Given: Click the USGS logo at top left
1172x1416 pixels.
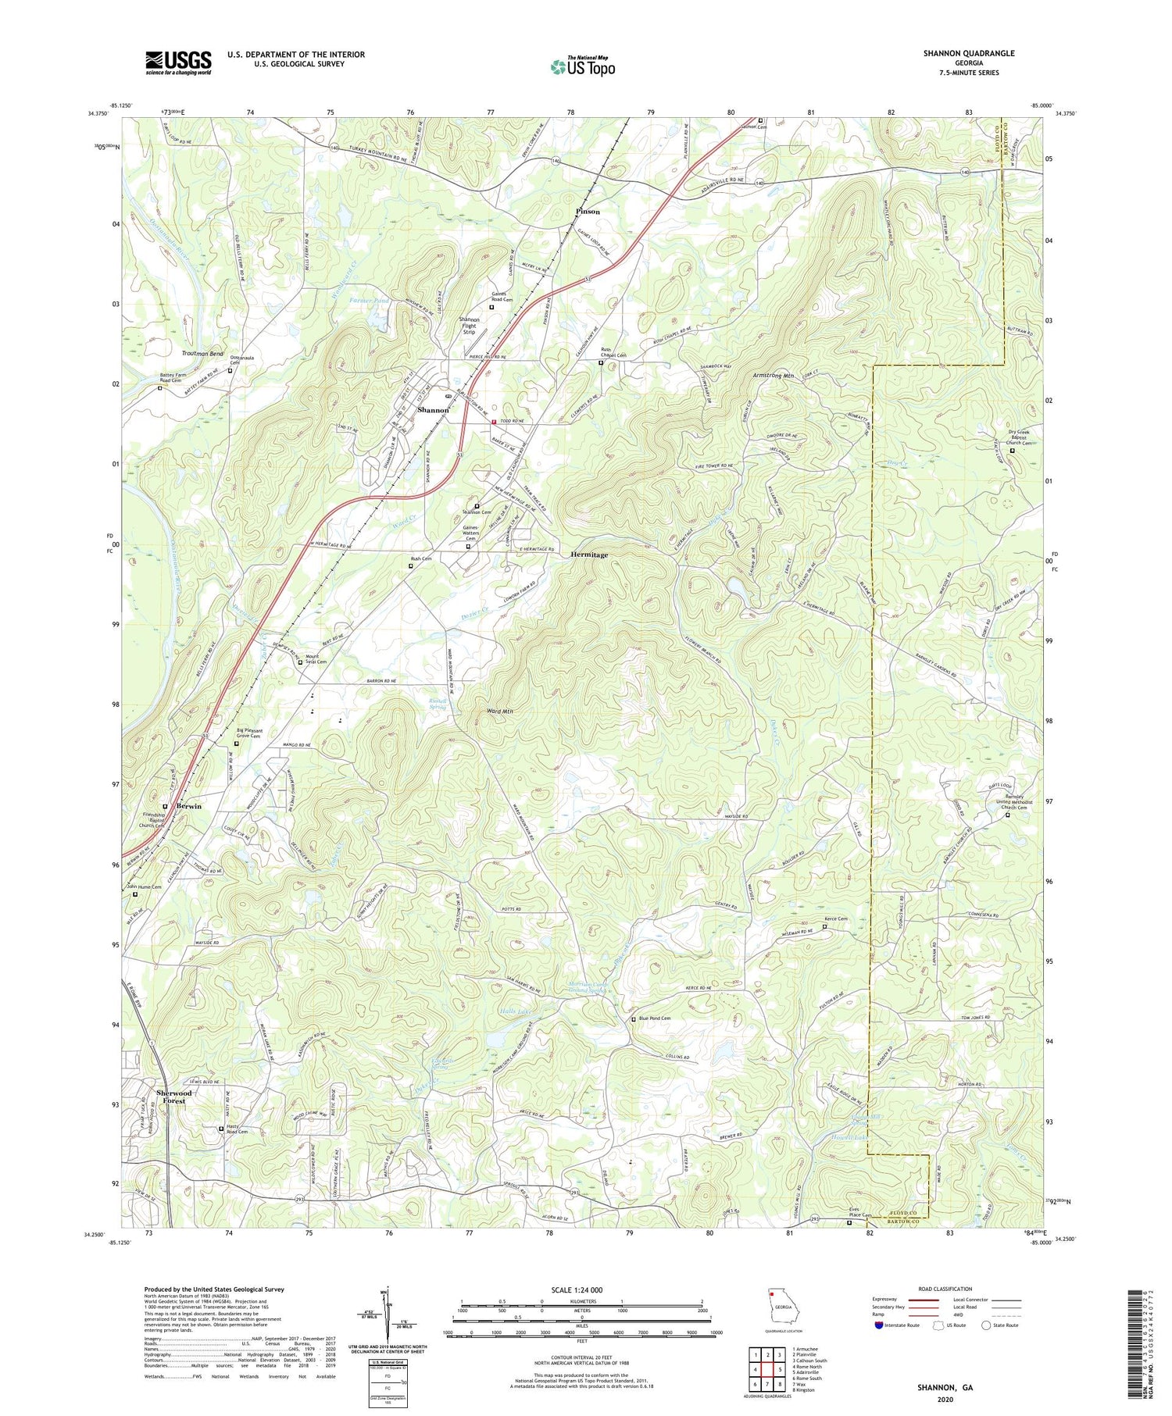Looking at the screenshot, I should pos(178,62).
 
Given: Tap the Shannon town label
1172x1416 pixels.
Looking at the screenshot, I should pos(433,410).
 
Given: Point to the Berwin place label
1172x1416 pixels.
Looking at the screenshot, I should pos(188,806).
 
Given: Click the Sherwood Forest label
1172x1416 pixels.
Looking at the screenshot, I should pos(173,1097).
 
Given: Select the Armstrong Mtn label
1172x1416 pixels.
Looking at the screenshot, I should pos(773,376).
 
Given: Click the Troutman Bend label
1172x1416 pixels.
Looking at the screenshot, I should pos(202,354).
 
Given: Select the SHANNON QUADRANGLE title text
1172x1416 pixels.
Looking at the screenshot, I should pos(968,53).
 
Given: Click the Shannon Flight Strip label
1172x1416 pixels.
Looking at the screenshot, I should pos(469,326).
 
